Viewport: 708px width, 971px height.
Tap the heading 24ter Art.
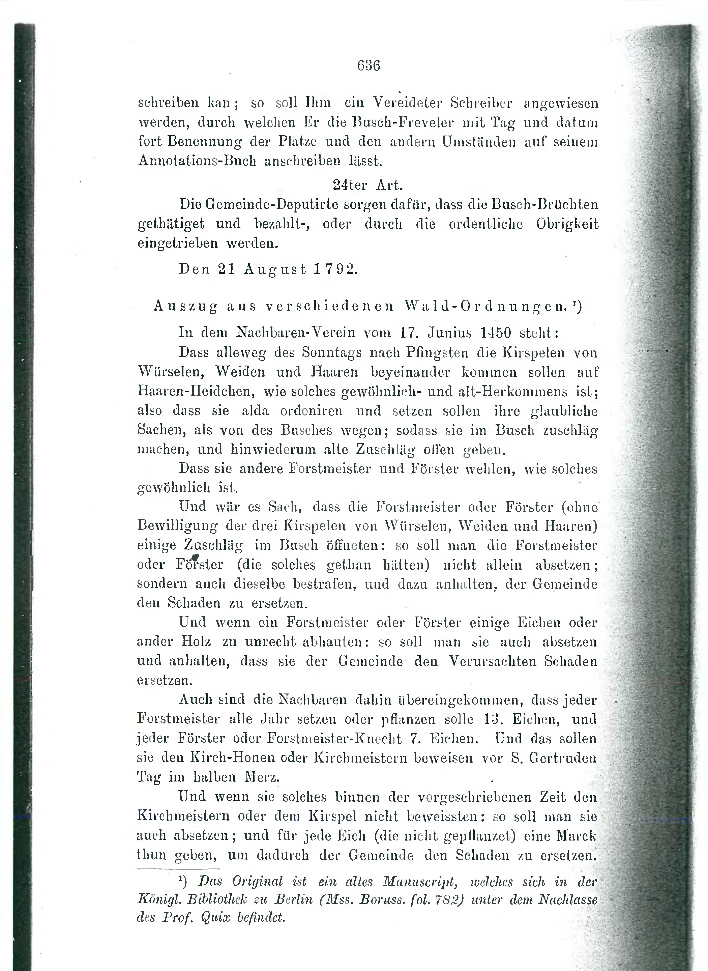(368, 185)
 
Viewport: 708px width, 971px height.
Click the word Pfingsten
(433, 352)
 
